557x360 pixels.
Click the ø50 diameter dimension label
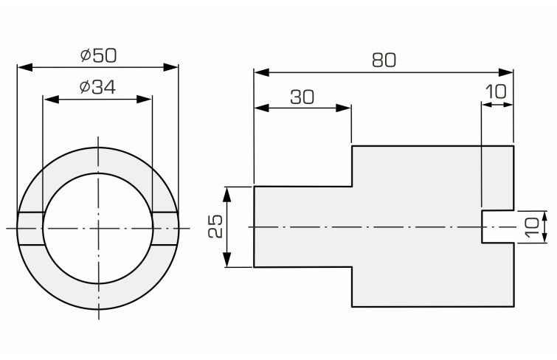(97, 55)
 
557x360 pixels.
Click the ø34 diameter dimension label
(97, 86)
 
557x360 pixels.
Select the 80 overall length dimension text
(384, 60)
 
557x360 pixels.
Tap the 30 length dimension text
(302, 97)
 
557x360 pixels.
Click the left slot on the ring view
(30, 228)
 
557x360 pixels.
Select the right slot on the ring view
(165, 228)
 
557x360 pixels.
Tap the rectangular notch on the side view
(497, 226)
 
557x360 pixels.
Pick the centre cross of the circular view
(97, 228)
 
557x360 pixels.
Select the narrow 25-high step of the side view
(302, 227)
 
